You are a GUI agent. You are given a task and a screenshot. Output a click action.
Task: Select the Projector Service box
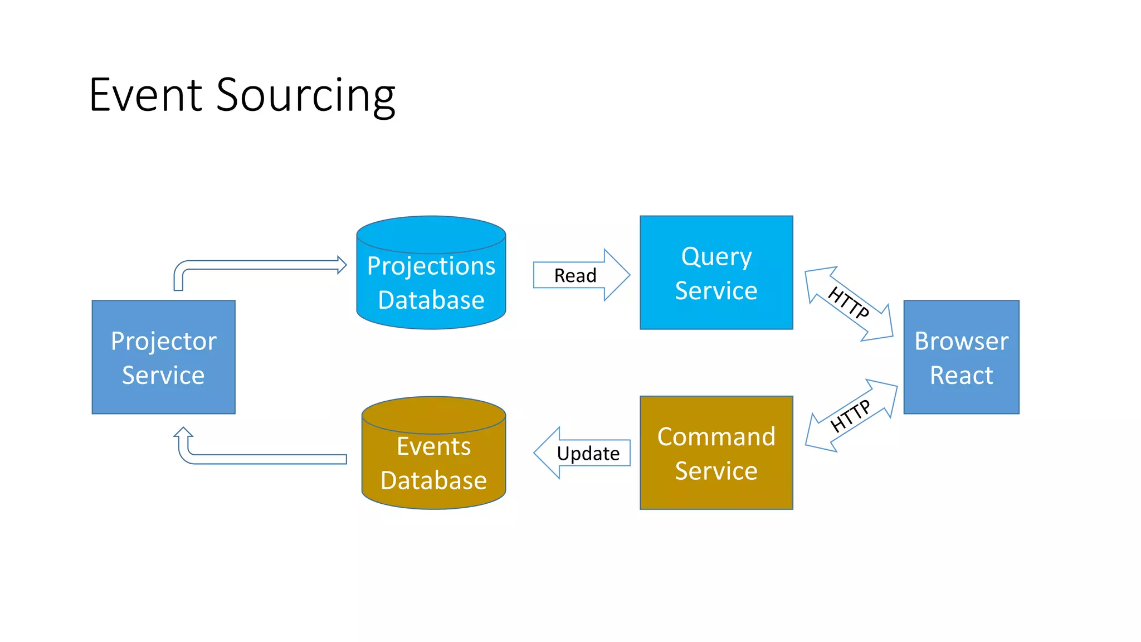(163, 357)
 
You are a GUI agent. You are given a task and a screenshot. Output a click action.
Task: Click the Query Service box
(716, 273)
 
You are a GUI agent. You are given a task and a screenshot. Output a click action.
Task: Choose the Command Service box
(716, 453)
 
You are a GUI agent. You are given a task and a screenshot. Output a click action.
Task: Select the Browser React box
(961, 357)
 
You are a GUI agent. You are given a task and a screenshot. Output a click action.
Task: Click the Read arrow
(579, 275)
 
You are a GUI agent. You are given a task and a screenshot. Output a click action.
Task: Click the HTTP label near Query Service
(848, 303)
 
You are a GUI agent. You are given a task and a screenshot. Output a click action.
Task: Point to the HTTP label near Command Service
(850, 416)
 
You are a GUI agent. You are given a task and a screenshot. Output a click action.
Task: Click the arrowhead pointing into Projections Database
(342, 265)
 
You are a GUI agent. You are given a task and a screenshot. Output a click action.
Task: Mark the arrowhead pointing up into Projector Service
(183, 432)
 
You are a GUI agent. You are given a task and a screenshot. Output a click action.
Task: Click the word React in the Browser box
(961, 375)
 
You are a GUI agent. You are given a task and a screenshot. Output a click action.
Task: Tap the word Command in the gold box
(716, 436)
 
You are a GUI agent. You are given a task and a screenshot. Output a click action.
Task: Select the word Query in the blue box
(716, 257)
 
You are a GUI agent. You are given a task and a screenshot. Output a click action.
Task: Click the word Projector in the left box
(163, 341)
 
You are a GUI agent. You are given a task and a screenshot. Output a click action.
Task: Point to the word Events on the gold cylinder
(433, 446)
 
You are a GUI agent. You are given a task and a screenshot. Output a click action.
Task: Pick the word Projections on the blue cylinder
(431, 266)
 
